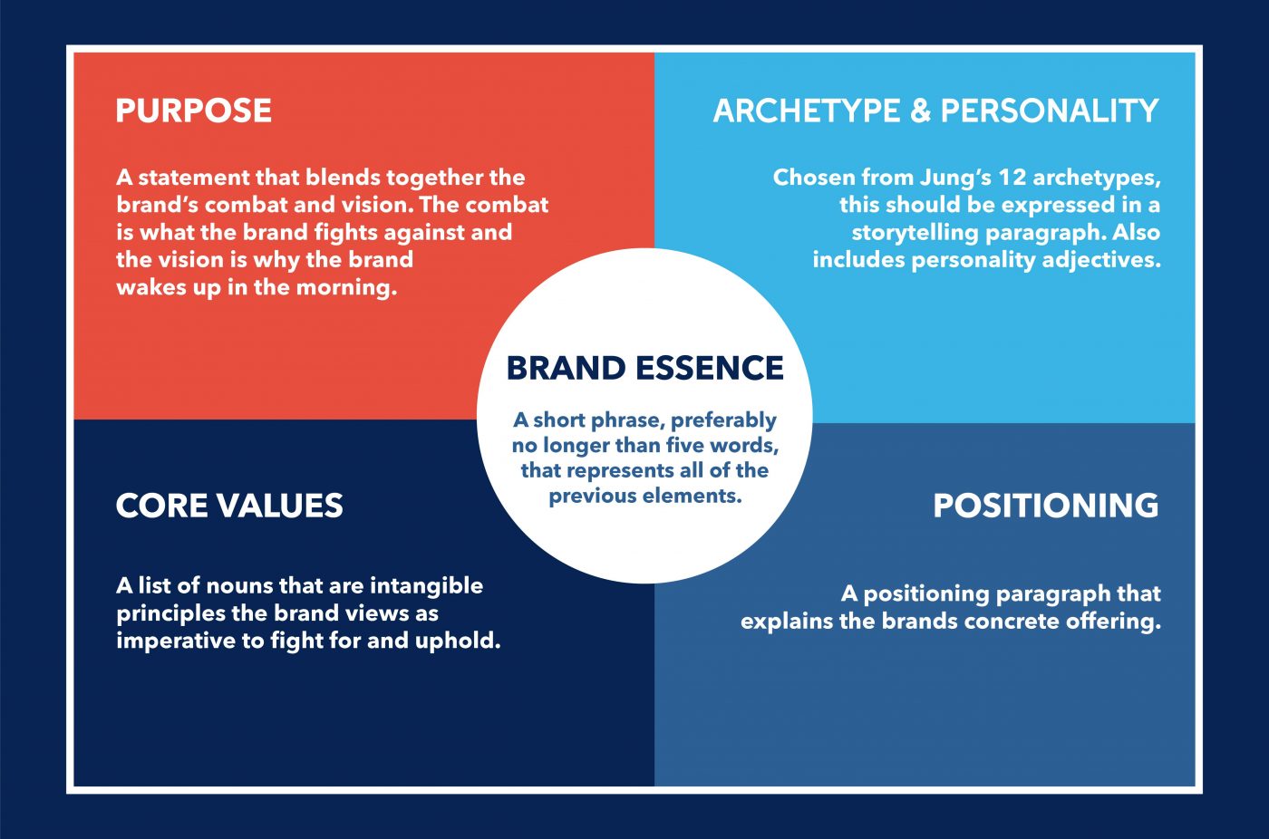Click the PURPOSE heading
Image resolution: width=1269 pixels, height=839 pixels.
coord(194,111)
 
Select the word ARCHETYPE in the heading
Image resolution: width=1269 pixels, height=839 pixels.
coord(807,111)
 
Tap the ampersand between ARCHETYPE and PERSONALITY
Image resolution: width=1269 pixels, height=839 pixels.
coord(921,111)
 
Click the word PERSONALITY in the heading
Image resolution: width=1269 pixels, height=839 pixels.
coord(1050,111)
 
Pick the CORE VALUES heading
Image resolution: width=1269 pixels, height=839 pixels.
coord(229,506)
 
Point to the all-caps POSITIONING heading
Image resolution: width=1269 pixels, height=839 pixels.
coord(1046,506)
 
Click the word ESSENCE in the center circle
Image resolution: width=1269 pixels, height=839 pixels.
coord(710,368)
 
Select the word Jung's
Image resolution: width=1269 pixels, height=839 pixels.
coord(954,178)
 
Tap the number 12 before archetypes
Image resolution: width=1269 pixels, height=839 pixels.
coord(1012,178)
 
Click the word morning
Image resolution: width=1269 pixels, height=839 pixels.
coord(346,288)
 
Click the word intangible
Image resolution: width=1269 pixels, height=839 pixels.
coord(426,586)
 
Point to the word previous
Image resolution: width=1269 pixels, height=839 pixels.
coord(593,497)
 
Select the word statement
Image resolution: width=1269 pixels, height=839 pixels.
coord(193,178)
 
